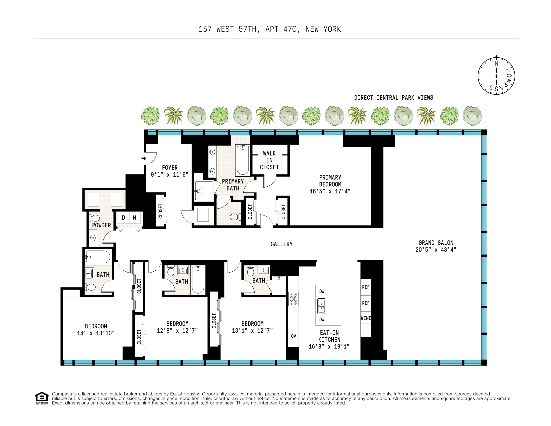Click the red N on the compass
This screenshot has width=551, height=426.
click(496, 64)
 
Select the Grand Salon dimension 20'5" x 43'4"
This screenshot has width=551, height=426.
click(436, 250)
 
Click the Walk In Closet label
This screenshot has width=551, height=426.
click(269, 160)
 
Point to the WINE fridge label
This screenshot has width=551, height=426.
click(366, 318)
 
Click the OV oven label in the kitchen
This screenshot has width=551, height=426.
click(293, 336)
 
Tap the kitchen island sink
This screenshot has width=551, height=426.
click(321, 306)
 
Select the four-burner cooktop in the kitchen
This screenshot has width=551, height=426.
click(293, 299)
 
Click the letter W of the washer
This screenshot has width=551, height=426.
click(134, 218)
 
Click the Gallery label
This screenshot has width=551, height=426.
click(281, 244)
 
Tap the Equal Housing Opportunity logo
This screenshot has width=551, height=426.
click(42, 398)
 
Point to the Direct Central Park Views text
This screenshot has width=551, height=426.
click(393, 98)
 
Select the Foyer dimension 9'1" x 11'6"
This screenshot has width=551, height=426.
click(169, 175)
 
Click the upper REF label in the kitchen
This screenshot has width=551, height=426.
click(366, 287)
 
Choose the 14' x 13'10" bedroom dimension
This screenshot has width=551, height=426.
click(96, 333)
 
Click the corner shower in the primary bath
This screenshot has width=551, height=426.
click(204, 191)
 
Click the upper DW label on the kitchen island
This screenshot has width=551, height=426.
click(322, 291)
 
